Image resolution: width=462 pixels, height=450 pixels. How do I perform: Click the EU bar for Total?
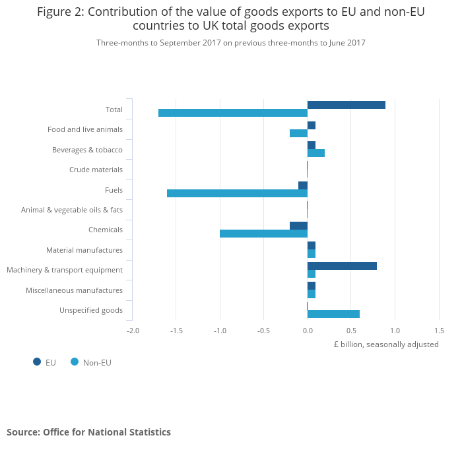346,105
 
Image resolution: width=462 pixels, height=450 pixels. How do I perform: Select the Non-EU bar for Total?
233,113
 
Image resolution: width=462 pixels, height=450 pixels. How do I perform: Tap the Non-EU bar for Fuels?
237,193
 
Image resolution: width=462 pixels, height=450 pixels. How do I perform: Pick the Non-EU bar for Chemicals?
263,234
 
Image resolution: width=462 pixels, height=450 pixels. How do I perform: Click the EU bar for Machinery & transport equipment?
342,266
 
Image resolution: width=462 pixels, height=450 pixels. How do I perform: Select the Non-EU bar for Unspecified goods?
333,314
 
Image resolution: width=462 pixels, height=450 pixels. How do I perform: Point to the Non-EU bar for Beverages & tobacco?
315,153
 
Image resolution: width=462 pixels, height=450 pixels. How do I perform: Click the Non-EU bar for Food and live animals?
298,133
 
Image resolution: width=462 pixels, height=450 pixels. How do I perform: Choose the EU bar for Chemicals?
298,226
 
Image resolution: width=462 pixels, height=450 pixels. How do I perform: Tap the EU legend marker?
37,362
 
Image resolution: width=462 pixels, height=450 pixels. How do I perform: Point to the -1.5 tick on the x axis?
177,330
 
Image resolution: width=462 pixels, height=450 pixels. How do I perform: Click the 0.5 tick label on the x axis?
351,330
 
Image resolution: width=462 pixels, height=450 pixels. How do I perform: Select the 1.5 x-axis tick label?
438,330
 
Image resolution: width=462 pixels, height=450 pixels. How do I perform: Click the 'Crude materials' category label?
96,170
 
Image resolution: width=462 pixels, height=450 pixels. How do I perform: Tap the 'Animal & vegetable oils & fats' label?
72,210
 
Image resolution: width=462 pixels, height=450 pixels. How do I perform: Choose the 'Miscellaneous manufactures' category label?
74,290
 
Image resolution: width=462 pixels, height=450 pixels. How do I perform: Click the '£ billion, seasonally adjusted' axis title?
386,344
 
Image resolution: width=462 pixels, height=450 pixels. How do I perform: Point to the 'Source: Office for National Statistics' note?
88,432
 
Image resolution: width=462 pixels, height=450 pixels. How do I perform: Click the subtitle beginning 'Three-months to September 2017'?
231,43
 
